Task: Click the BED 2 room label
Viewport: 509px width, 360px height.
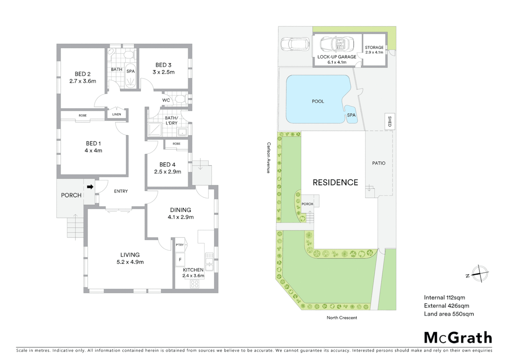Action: pyautogui.click(x=82, y=74)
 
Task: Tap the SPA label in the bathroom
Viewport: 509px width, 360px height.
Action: pyautogui.click(x=131, y=71)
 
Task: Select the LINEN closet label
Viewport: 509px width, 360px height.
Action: pyautogui.click(x=117, y=114)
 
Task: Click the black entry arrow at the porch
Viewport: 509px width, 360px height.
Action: pyautogui.click(x=90, y=187)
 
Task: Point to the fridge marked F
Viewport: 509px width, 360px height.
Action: pyautogui.click(x=180, y=259)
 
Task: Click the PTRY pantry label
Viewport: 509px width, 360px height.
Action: pyautogui.click(x=180, y=245)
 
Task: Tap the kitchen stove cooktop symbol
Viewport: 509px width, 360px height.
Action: pyautogui.click(x=195, y=284)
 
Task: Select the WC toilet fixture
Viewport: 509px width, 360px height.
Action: pyautogui.click(x=180, y=99)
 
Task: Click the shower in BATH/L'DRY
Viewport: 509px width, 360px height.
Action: pyautogui.click(x=154, y=130)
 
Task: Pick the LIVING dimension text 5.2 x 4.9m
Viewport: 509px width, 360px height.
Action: pyautogui.click(x=130, y=262)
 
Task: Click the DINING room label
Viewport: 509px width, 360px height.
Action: pyautogui.click(x=181, y=210)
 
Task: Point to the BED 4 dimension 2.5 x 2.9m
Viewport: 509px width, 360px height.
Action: pyautogui.click(x=168, y=172)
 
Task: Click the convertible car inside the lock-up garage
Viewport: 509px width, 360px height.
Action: pyautogui.click(x=337, y=44)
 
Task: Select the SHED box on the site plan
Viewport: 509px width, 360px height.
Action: pyautogui.click(x=389, y=121)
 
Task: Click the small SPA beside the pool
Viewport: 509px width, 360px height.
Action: pyautogui.click(x=351, y=115)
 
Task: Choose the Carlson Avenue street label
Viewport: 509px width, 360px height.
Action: pyautogui.click(x=268, y=158)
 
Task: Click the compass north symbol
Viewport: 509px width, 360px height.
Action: pyautogui.click(x=479, y=274)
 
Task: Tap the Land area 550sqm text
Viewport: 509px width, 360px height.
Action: pyautogui.click(x=448, y=314)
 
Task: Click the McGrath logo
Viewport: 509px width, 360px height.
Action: pyautogui.click(x=458, y=338)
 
